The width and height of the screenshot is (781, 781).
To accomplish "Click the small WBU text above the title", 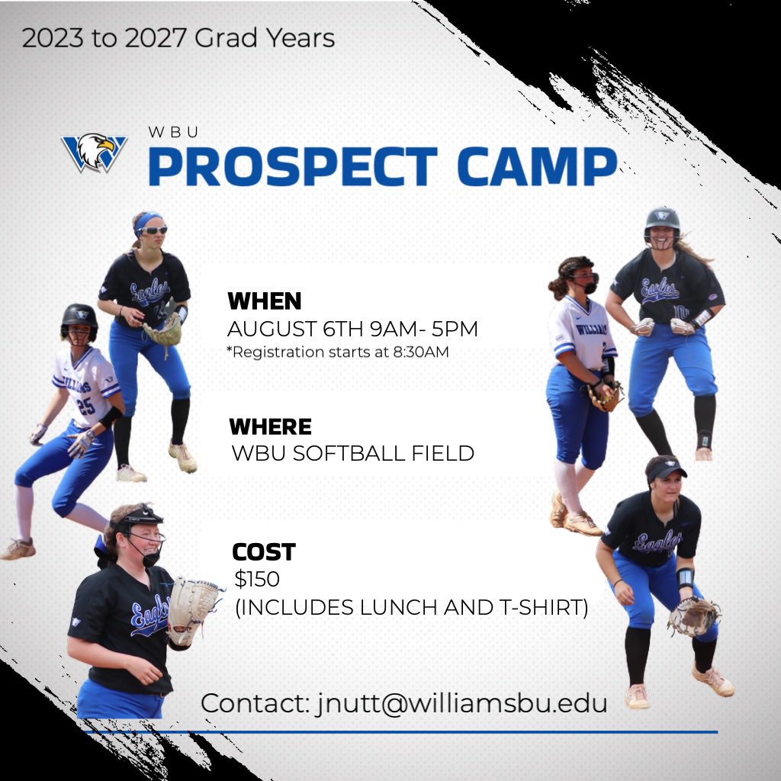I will tap(174, 132).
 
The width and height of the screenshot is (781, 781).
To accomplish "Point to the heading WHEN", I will tap(265, 301).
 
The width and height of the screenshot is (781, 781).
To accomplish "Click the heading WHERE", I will tap(270, 426).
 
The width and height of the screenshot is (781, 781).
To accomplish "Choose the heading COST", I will tap(263, 551).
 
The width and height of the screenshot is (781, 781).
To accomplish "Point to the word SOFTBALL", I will tap(346, 454).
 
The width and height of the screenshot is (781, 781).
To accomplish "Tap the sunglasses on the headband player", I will tap(153, 230).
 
